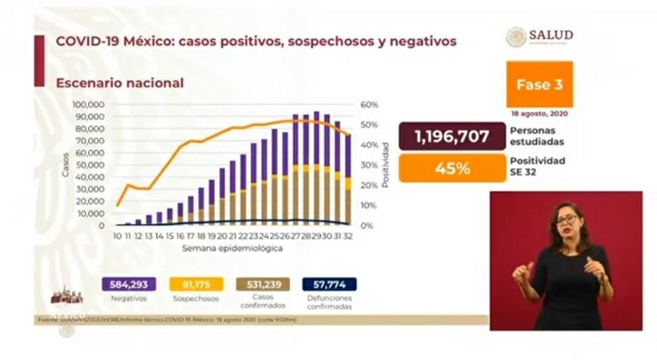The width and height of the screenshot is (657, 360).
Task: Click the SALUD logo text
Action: tap(551, 35)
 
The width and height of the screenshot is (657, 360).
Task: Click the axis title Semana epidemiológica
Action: tap(233, 250)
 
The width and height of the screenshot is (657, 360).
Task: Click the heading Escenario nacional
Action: tap(120, 83)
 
